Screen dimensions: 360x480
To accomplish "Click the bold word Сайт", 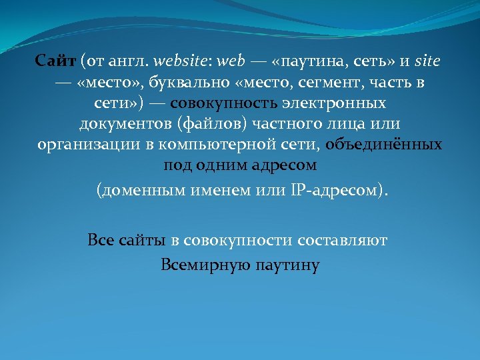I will point(56,62).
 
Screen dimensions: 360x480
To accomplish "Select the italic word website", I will point(179,62).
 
